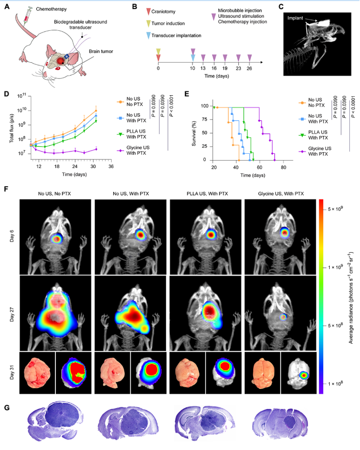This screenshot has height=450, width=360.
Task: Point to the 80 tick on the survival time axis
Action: (x=283, y=168)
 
